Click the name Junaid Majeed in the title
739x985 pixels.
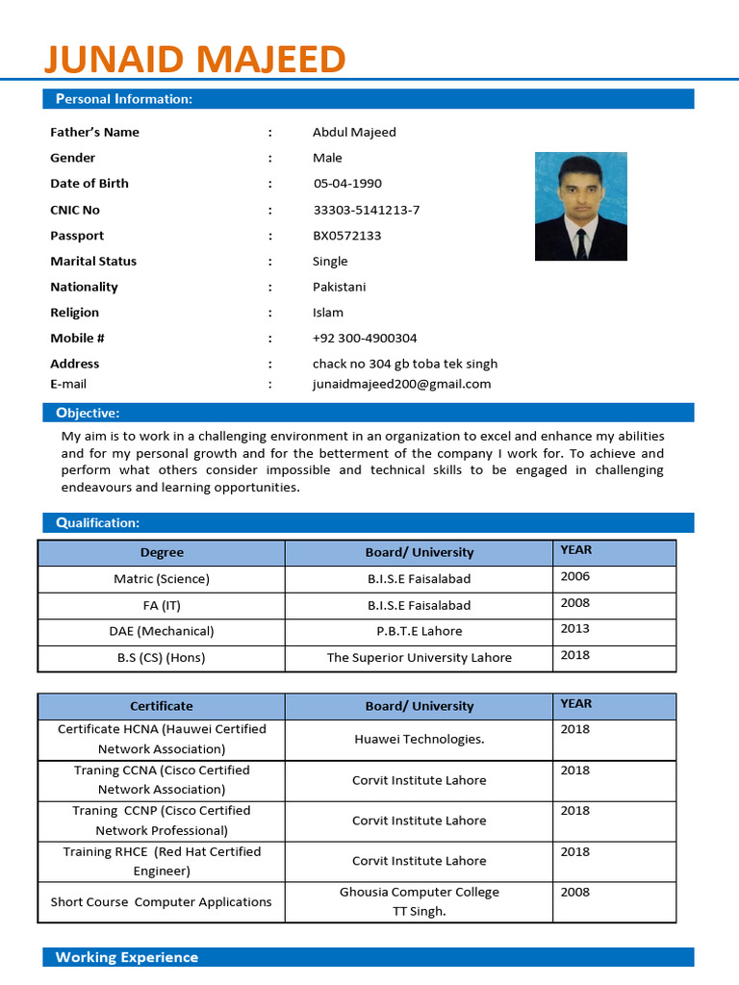point(194,60)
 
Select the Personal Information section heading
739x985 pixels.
point(124,99)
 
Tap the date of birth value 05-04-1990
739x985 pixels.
point(347,184)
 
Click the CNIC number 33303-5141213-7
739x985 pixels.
point(366,210)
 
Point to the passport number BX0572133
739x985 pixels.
point(346,236)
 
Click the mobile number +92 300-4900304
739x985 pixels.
point(365,339)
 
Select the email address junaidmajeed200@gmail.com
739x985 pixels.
point(401,384)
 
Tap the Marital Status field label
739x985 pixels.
point(93,262)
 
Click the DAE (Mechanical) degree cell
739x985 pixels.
point(162,632)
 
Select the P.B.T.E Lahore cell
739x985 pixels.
point(419,632)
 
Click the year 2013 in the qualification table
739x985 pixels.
point(575,629)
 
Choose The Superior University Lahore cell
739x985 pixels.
point(419,658)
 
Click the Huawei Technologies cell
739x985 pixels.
point(419,740)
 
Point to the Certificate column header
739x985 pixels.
point(162,706)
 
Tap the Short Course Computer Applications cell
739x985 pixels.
point(162,902)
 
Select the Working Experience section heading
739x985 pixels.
point(127,957)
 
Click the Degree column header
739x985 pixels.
point(162,553)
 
